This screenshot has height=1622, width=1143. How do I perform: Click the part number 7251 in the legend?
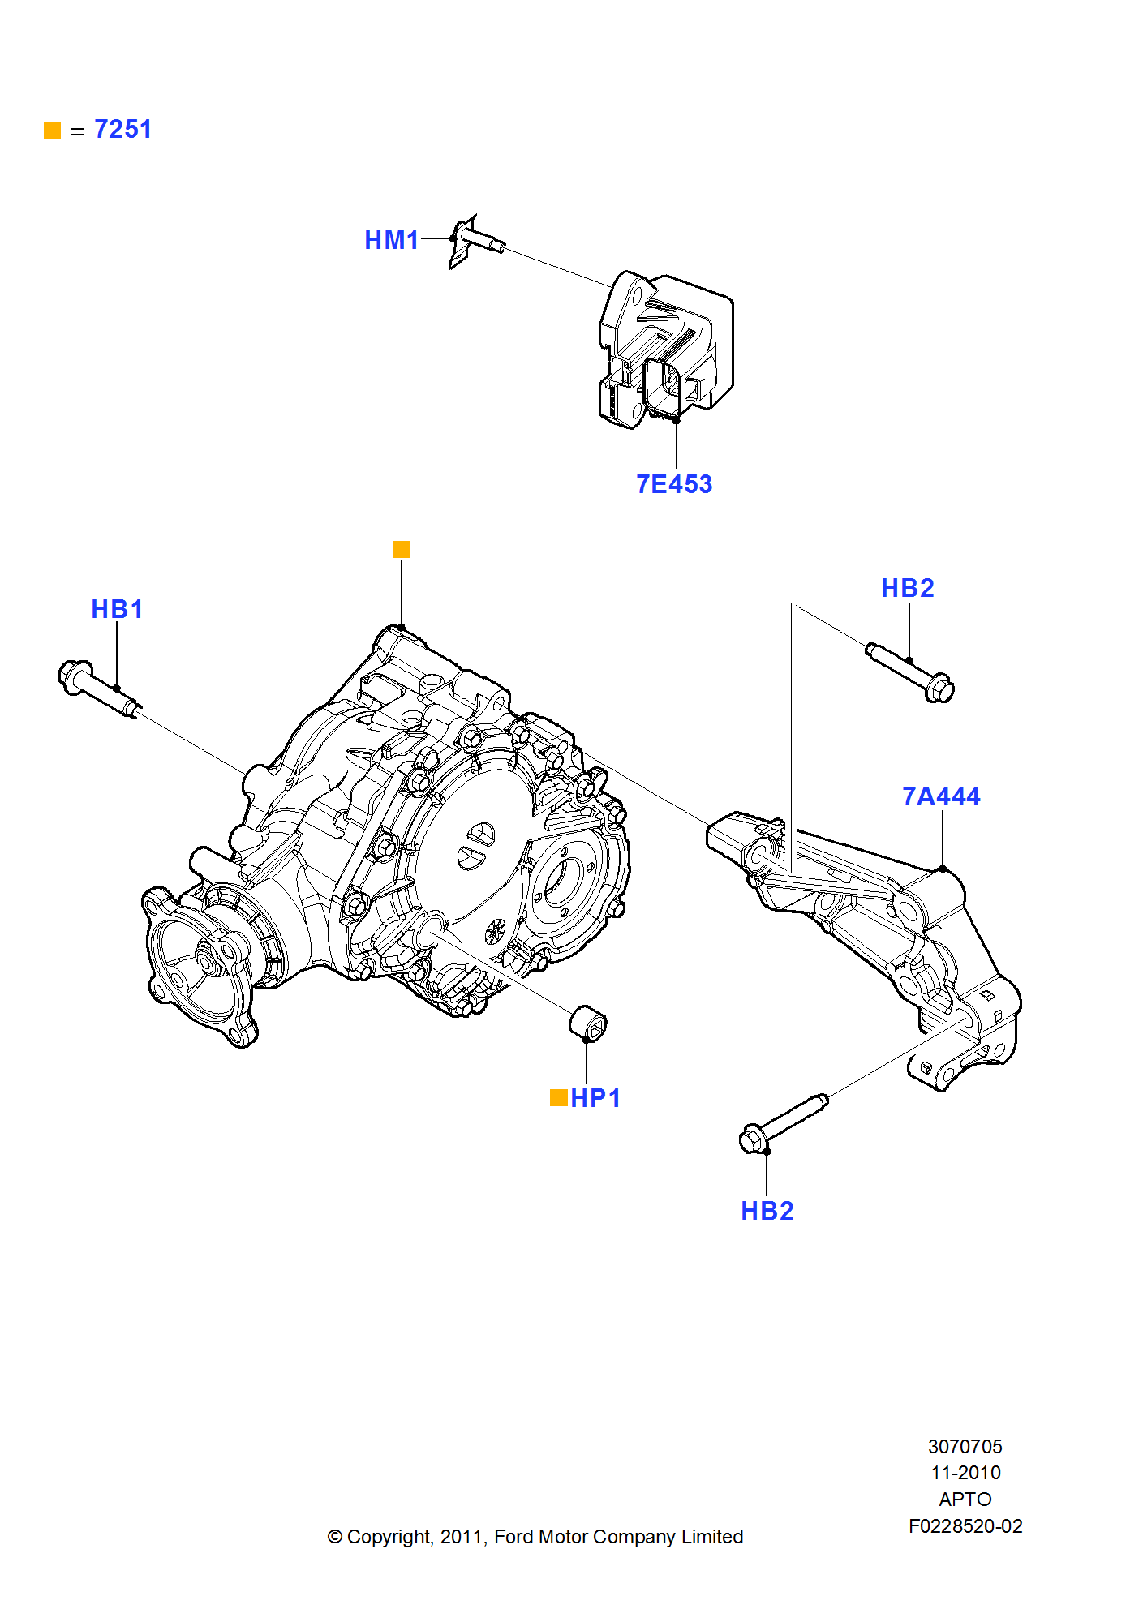pyautogui.click(x=122, y=130)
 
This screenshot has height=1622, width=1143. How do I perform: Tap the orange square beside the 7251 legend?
pyautogui.click(x=53, y=131)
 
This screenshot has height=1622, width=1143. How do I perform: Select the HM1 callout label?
pyautogui.click(x=391, y=240)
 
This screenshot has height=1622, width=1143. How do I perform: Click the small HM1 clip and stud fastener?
pyautogui.click(x=475, y=240)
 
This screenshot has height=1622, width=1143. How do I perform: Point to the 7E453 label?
pyautogui.click(x=673, y=484)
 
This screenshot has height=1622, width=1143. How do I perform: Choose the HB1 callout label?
pyautogui.click(x=117, y=609)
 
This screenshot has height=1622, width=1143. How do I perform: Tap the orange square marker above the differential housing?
pyautogui.click(x=401, y=550)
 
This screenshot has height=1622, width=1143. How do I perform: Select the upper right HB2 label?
pyautogui.click(x=907, y=588)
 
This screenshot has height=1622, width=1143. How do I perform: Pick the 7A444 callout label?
pyautogui.click(x=941, y=796)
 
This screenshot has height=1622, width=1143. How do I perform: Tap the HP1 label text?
pyautogui.click(x=595, y=1098)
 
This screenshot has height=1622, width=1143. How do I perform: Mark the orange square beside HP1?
pyautogui.click(x=558, y=1098)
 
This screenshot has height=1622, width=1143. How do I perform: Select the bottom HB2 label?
pyautogui.click(x=767, y=1211)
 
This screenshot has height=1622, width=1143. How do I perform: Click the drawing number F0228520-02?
pyautogui.click(x=965, y=1526)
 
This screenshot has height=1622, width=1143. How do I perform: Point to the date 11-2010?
pyautogui.click(x=965, y=1473)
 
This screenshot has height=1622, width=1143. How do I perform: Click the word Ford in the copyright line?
pyautogui.click(x=513, y=1537)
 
